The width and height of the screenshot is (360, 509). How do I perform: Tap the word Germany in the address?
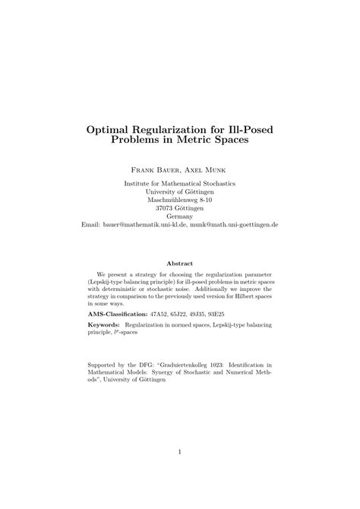click(180, 217)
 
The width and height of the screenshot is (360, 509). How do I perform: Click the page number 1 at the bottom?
click(180, 452)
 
